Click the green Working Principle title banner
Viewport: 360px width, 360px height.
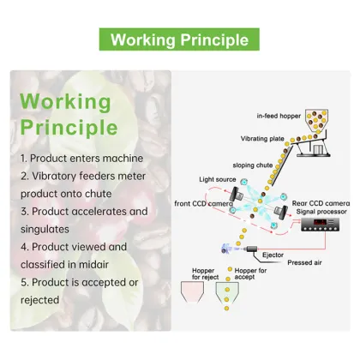pos(179,39)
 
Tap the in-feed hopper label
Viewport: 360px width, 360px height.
pos(279,116)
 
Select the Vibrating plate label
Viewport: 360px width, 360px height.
pos(262,139)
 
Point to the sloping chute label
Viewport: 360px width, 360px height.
pos(253,165)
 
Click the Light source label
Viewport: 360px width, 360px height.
pos(218,179)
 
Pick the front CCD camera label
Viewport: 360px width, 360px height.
pos(203,204)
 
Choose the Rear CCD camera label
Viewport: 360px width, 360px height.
pos(321,203)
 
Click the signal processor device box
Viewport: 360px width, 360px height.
pos(320,225)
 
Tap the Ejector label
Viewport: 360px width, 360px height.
pos(273,255)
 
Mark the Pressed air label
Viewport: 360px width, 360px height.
pos(304,262)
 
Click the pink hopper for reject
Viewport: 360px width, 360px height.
pos(192,291)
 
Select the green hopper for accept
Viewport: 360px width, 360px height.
pos(227,292)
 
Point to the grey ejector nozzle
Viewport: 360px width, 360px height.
pos(251,249)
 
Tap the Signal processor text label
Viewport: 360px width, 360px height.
pos(321,212)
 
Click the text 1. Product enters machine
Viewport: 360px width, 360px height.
pos(81,159)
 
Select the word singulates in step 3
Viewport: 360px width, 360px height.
pos(45,229)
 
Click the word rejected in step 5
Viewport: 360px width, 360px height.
pos(40,300)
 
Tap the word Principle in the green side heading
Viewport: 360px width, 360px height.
pos(69,127)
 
